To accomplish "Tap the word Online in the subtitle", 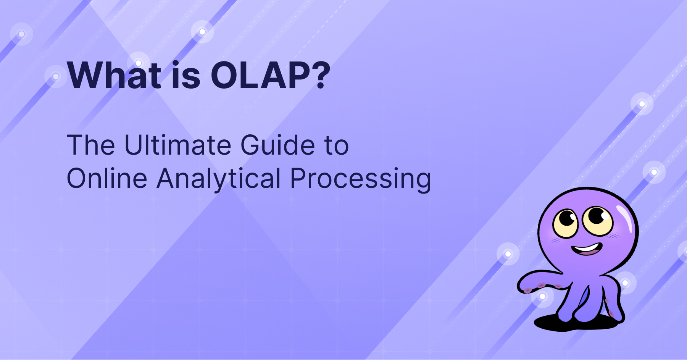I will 107,178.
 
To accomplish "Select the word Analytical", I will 219,178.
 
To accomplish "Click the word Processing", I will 360,178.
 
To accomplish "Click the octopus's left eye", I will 566,223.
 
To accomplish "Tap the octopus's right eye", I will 598,220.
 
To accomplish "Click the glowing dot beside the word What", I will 56,76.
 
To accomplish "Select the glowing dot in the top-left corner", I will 21,34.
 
